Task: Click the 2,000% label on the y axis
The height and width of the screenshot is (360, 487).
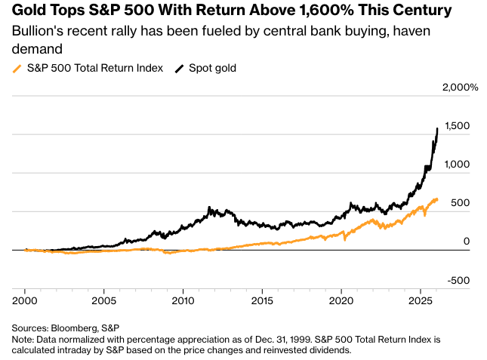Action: (x=459, y=88)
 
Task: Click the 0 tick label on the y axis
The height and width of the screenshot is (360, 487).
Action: (x=466, y=242)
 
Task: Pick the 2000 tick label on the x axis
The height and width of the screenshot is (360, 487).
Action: (x=25, y=300)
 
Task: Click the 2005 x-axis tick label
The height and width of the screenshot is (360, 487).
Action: (x=103, y=300)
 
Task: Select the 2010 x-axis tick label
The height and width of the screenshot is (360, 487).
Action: (x=183, y=300)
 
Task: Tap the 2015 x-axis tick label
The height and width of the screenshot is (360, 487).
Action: (x=262, y=300)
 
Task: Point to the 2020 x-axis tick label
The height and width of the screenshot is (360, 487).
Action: (x=341, y=300)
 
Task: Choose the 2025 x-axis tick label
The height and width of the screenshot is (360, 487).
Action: (x=420, y=300)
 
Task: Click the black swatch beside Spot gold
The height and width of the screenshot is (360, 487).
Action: (x=179, y=69)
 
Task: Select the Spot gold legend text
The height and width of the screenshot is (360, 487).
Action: (x=212, y=69)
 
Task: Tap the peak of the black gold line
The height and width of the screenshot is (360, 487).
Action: (x=438, y=128)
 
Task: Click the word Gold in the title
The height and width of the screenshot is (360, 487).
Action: (x=28, y=11)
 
